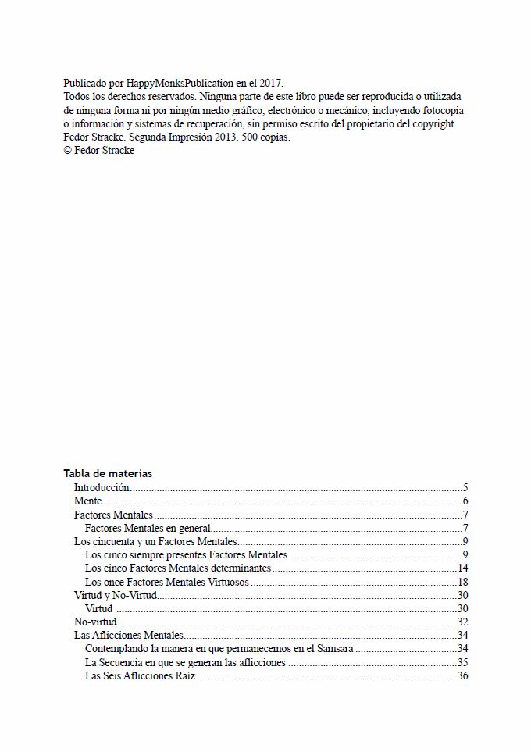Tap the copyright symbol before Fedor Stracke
click(x=67, y=151)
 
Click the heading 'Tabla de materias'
click(x=108, y=473)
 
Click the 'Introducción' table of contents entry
click(x=102, y=487)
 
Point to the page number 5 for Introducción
click(x=465, y=487)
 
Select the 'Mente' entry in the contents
click(x=87, y=501)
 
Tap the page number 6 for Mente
click(x=465, y=501)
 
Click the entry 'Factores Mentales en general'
click(x=148, y=529)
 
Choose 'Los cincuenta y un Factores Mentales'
click(x=155, y=542)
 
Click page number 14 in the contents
click(x=462, y=568)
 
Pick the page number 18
click(x=462, y=582)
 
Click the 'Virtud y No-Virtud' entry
click(x=116, y=595)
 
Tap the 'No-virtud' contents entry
click(x=95, y=622)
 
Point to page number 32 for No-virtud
click(x=462, y=622)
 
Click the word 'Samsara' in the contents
click(x=335, y=648)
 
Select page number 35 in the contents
click(x=462, y=662)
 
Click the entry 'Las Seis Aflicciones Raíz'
click(x=140, y=675)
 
